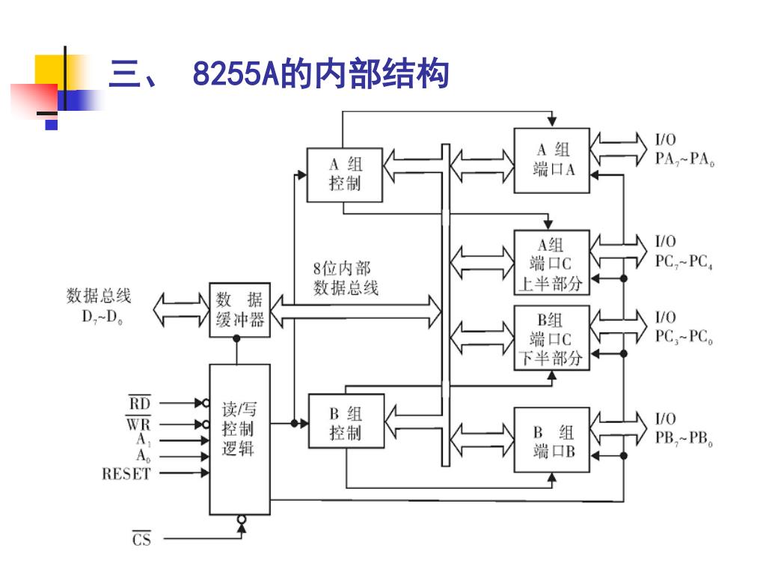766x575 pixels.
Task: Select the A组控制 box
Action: [345, 174]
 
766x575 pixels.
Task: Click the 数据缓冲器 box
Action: [239, 310]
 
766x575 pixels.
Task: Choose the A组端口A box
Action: [552, 160]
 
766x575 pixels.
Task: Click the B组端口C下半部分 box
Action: [552, 339]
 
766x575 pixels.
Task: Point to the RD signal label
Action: [139, 404]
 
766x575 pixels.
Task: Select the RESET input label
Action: [126, 474]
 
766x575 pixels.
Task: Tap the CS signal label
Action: [141, 539]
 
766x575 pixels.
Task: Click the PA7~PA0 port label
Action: [684, 160]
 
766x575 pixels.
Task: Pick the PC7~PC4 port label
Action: [684, 263]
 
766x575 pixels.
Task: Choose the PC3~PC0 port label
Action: [684, 338]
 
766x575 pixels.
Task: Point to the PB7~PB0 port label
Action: [684, 439]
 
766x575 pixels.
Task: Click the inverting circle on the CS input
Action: [241, 519]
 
